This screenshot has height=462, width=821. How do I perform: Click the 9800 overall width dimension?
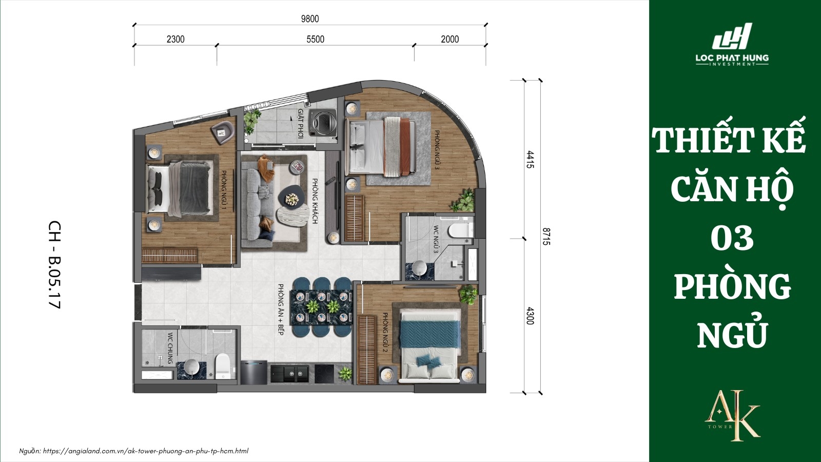(x=309, y=19)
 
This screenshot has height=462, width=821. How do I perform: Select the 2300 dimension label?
(x=175, y=39)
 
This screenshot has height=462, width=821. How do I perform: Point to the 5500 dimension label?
(x=315, y=39)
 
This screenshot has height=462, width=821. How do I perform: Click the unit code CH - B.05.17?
(x=54, y=264)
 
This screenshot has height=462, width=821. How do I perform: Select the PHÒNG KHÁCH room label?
(x=315, y=201)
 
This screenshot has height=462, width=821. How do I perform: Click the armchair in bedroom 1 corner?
(x=223, y=132)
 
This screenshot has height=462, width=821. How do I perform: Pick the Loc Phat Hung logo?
(x=732, y=45)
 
